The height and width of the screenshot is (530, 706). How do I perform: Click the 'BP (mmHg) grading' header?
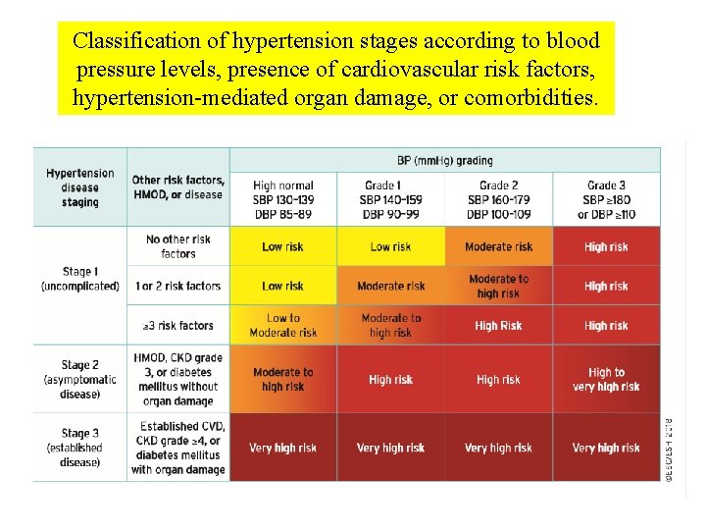(x=445, y=160)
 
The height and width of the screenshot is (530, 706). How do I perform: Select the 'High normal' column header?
(x=283, y=200)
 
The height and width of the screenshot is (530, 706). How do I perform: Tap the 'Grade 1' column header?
(x=390, y=200)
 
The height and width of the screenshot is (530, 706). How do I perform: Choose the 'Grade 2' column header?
(x=498, y=200)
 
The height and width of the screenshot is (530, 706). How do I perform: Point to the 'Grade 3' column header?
(x=606, y=200)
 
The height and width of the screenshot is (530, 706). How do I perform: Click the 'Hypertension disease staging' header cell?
(x=80, y=187)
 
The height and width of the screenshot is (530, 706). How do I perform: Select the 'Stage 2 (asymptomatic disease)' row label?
(x=80, y=379)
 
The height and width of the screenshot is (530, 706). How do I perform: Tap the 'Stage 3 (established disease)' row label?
(x=80, y=448)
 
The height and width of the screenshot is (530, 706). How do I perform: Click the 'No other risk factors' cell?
(x=178, y=246)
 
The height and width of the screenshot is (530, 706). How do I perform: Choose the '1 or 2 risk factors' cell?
(x=178, y=286)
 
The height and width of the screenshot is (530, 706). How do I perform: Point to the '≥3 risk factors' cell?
(x=178, y=326)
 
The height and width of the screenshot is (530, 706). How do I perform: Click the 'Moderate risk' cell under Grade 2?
(x=498, y=247)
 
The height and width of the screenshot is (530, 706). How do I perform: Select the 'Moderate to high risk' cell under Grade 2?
(x=498, y=286)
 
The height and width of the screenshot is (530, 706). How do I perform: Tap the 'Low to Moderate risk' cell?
(x=283, y=325)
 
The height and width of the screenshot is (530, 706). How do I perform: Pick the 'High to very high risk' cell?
(x=606, y=379)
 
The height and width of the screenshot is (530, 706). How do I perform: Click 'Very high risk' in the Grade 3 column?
(x=606, y=448)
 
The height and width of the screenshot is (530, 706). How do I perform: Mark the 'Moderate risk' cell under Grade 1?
(x=390, y=287)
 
